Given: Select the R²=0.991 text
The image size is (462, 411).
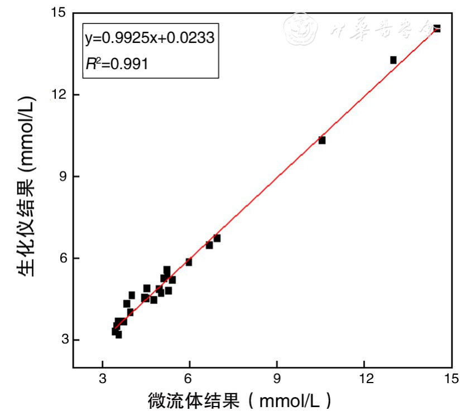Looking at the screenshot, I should [x=117, y=64].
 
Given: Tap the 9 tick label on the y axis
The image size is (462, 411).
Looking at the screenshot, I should [x=63, y=176].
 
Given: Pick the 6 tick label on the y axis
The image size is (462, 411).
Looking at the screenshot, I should [x=63, y=258].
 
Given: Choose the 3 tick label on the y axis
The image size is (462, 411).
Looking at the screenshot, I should [x=63, y=340].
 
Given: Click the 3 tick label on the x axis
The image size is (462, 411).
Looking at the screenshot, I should [x=102, y=379].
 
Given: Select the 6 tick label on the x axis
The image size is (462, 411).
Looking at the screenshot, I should [x=190, y=379].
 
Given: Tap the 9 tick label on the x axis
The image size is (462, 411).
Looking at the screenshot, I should [x=277, y=379].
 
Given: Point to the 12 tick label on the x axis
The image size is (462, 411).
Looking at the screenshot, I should [x=364, y=379].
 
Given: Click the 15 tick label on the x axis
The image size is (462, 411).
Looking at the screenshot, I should [x=452, y=379].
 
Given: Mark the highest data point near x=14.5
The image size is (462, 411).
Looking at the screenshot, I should [x=437, y=28].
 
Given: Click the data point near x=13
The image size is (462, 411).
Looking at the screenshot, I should [x=393, y=60].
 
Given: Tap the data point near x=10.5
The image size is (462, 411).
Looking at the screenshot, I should [x=322, y=141].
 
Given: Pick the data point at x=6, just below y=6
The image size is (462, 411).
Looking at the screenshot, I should [x=189, y=262].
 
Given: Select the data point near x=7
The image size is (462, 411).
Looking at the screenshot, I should [x=217, y=238].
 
